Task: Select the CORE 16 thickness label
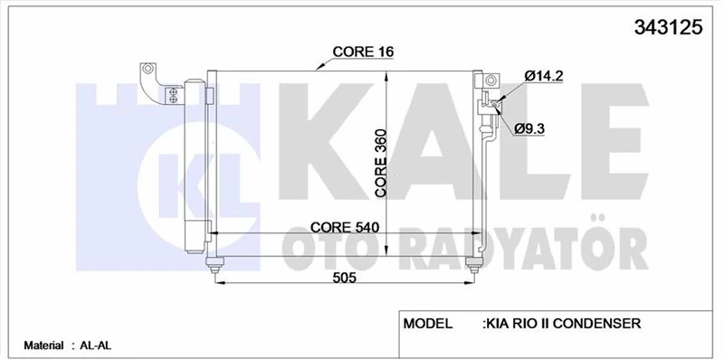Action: pos(363,52)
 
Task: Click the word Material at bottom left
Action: pos(43,345)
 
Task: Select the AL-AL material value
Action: pos(94,345)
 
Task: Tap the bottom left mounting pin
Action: pos(214,265)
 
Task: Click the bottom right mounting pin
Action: pos(472,265)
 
